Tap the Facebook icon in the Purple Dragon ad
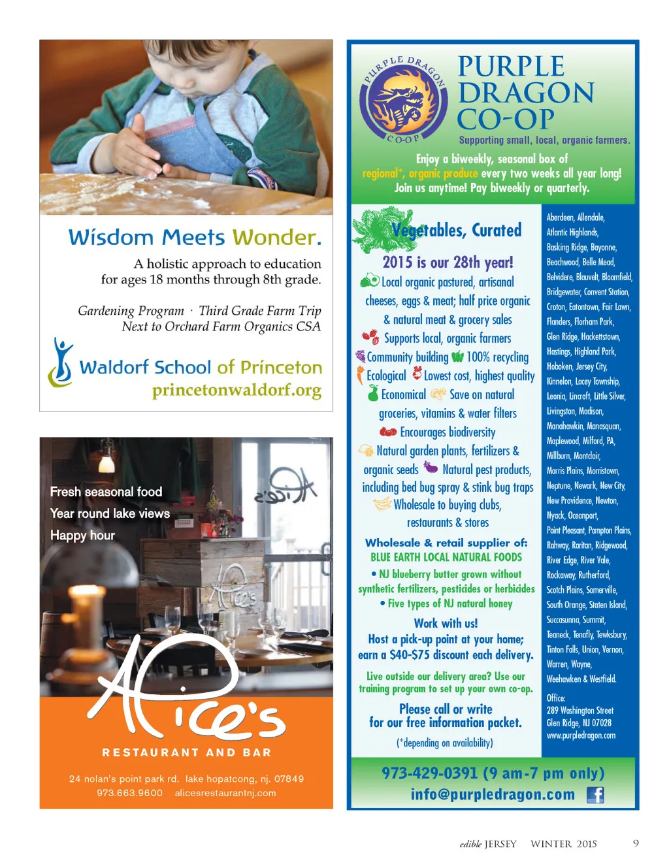pyautogui.click(x=595, y=794)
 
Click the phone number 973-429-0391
pyautogui.click(x=431, y=773)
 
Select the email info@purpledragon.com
pyautogui.click(x=493, y=794)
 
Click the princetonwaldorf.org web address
pyautogui.click(x=237, y=391)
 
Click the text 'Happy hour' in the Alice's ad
pyautogui.click(x=82, y=536)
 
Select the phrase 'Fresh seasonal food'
pyautogui.click(x=106, y=492)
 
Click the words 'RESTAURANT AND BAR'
pyautogui.click(x=186, y=752)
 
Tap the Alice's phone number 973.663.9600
pyautogui.click(x=129, y=793)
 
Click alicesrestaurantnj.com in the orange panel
pyautogui.click(x=225, y=793)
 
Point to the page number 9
pyautogui.click(x=636, y=843)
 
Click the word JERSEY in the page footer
pyautogui.click(x=500, y=844)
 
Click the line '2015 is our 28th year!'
pyautogui.click(x=448, y=263)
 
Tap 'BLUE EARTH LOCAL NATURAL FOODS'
pyautogui.click(x=446, y=557)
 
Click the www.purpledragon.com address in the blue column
pyautogui.click(x=581, y=735)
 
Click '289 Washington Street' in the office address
pyautogui.click(x=580, y=711)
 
